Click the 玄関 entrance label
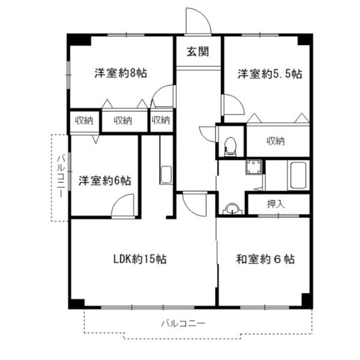coord(197,52)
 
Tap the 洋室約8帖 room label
coord(120,73)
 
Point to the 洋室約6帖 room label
coord(105,180)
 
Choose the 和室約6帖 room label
coord(265,259)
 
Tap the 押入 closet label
coord(276,203)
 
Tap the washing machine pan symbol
coord(253,167)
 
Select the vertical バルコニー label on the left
coord(61,176)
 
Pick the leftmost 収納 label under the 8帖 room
coord(84,121)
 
